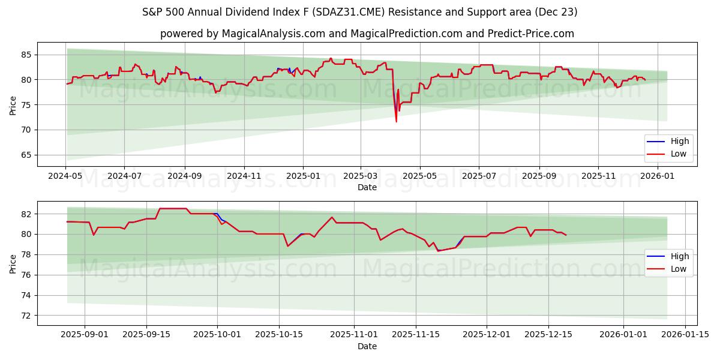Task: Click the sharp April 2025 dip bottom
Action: pos(396,122)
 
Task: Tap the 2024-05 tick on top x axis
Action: pos(65,176)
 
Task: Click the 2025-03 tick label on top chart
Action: pos(360,176)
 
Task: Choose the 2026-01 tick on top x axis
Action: pos(658,176)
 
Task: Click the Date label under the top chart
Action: pos(367,187)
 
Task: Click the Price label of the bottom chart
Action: pos(13,263)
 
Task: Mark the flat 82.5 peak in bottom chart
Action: pos(173,209)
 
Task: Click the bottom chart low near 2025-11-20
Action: pos(438,251)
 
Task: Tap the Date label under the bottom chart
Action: pos(367,346)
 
